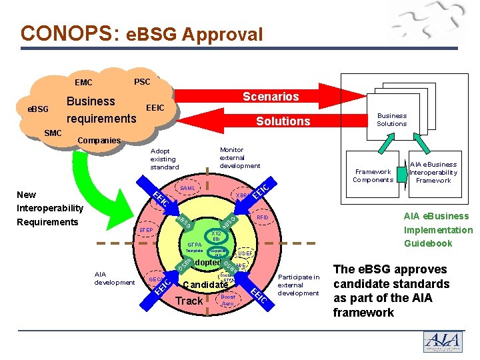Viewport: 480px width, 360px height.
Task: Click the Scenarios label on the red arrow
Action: [271, 97]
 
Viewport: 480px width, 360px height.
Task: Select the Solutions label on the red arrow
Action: [283, 121]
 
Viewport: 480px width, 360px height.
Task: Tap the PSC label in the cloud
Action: [142, 82]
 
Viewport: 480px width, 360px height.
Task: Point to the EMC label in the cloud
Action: [84, 83]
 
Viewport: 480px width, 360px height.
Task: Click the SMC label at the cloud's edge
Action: [53, 133]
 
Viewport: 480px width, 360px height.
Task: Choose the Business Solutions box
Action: [391, 120]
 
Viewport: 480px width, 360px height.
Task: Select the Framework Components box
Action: [373, 175]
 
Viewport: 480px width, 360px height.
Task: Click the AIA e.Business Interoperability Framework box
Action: [433, 172]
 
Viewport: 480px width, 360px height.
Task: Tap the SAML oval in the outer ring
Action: [188, 189]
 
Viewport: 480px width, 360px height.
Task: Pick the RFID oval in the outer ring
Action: [262, 217]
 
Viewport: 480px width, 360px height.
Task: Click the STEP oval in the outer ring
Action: [145, 231]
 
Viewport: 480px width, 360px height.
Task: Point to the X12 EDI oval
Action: [216, 236]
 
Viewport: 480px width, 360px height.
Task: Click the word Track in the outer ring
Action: [189, 301]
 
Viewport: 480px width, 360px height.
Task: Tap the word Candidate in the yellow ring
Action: [205, 285]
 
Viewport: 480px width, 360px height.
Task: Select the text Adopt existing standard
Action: [163, 159]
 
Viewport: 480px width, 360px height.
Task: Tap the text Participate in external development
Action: [299, 285]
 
